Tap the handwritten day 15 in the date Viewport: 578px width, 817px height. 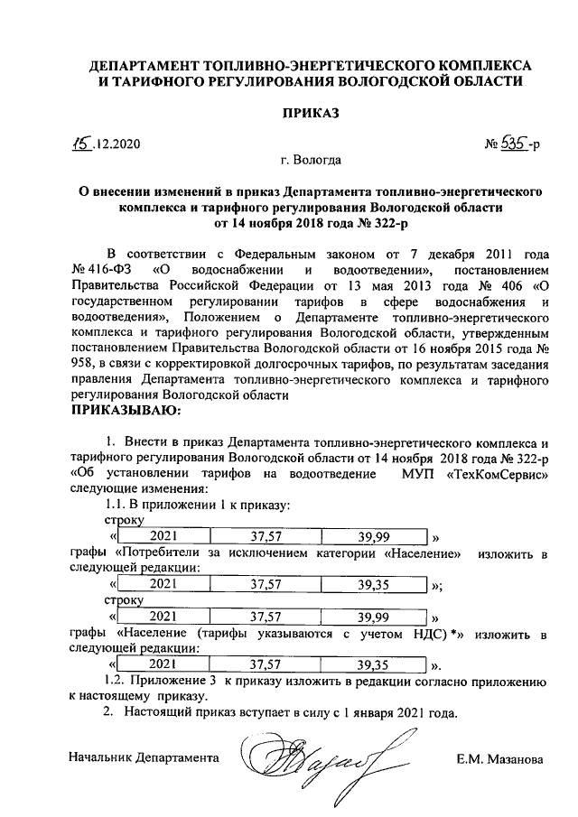click(x=84, y=142)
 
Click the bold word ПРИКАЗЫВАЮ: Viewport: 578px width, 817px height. click(x=126, y=411)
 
